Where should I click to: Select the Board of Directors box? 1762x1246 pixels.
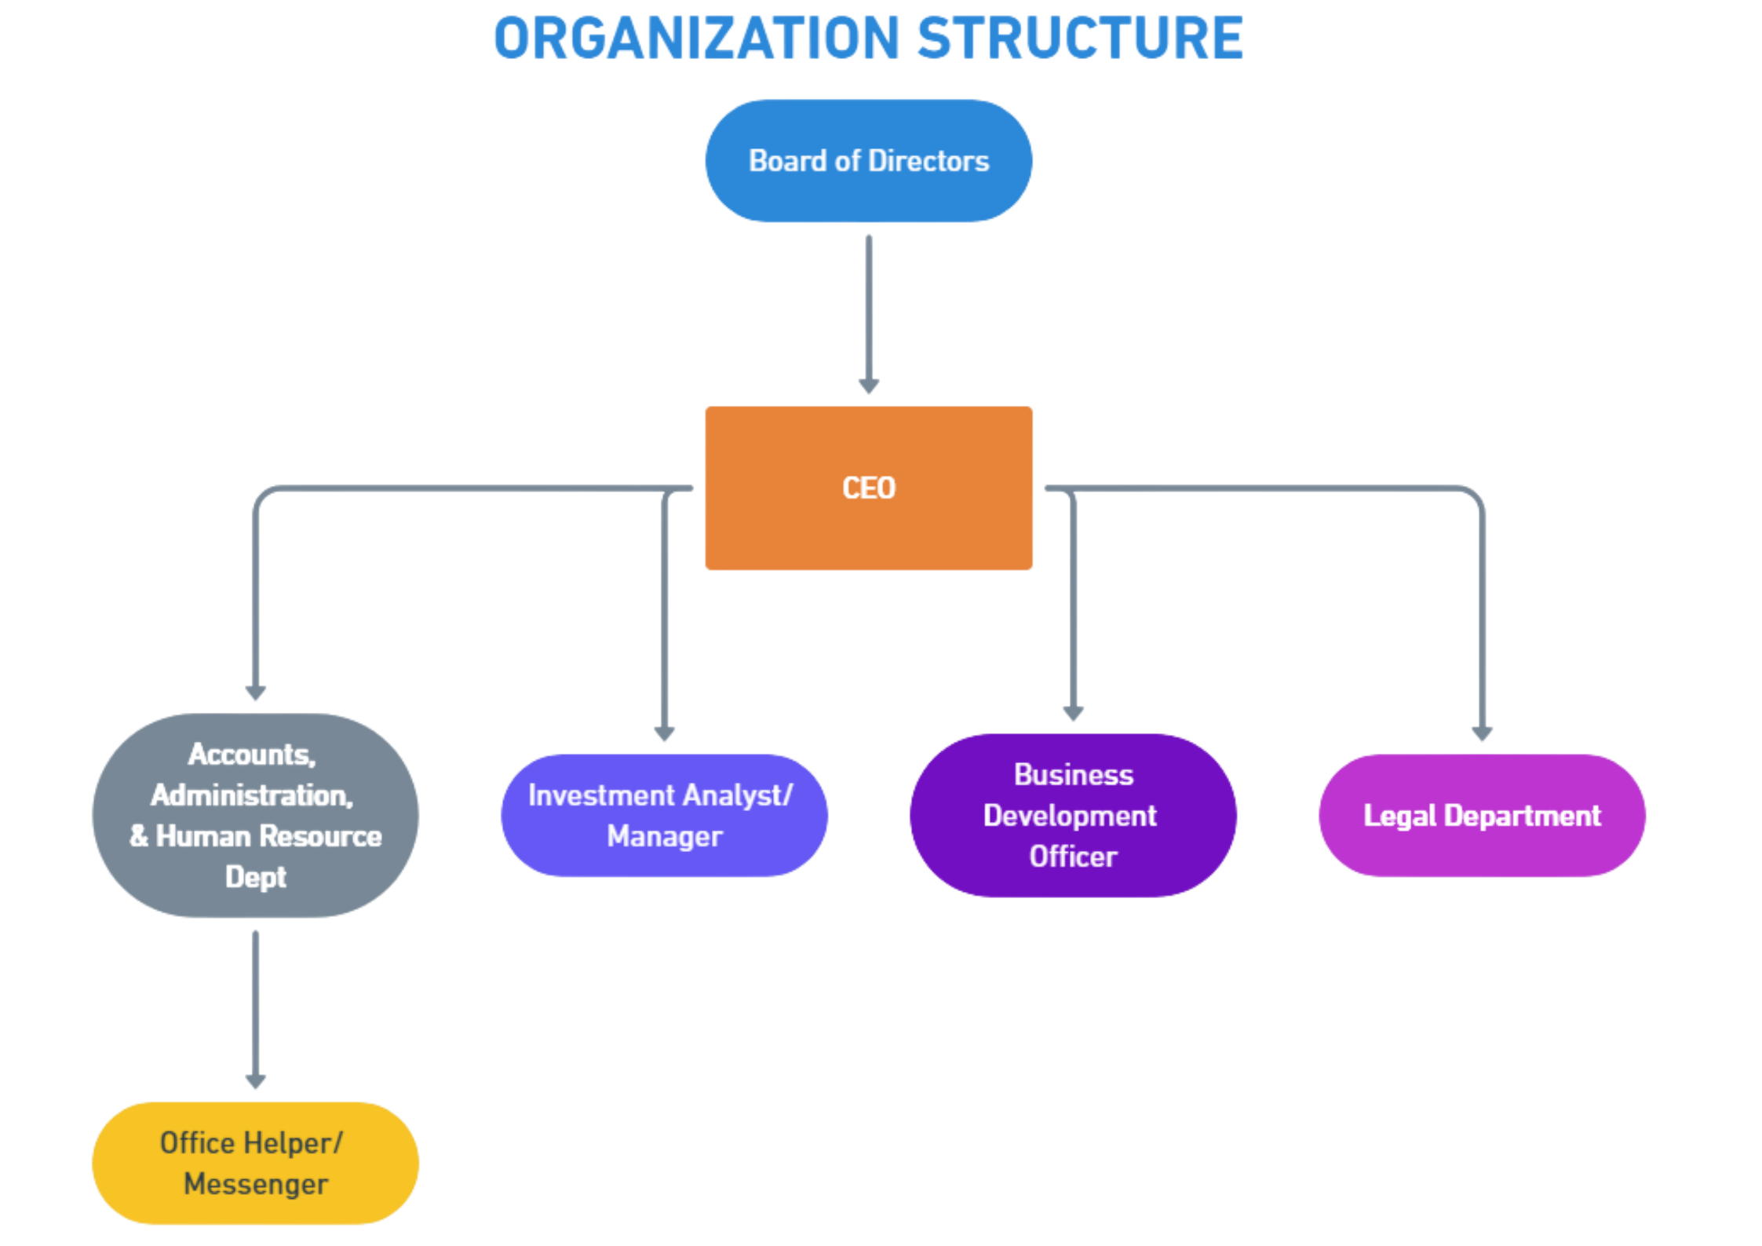point(869,161)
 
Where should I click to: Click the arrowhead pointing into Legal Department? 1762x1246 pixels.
point(1482,733)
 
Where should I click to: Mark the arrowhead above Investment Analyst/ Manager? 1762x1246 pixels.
point(665,733)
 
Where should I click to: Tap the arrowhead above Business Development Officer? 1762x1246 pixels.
point(1073,713)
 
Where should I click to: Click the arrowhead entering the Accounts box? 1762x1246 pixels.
point(255,692)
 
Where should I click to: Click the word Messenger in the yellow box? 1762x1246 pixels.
point(255,1184)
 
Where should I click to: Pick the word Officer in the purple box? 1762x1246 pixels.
point(1073,857)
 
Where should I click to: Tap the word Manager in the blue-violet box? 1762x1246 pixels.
point(664,836)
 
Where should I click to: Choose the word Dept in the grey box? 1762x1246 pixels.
point(255,876)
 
